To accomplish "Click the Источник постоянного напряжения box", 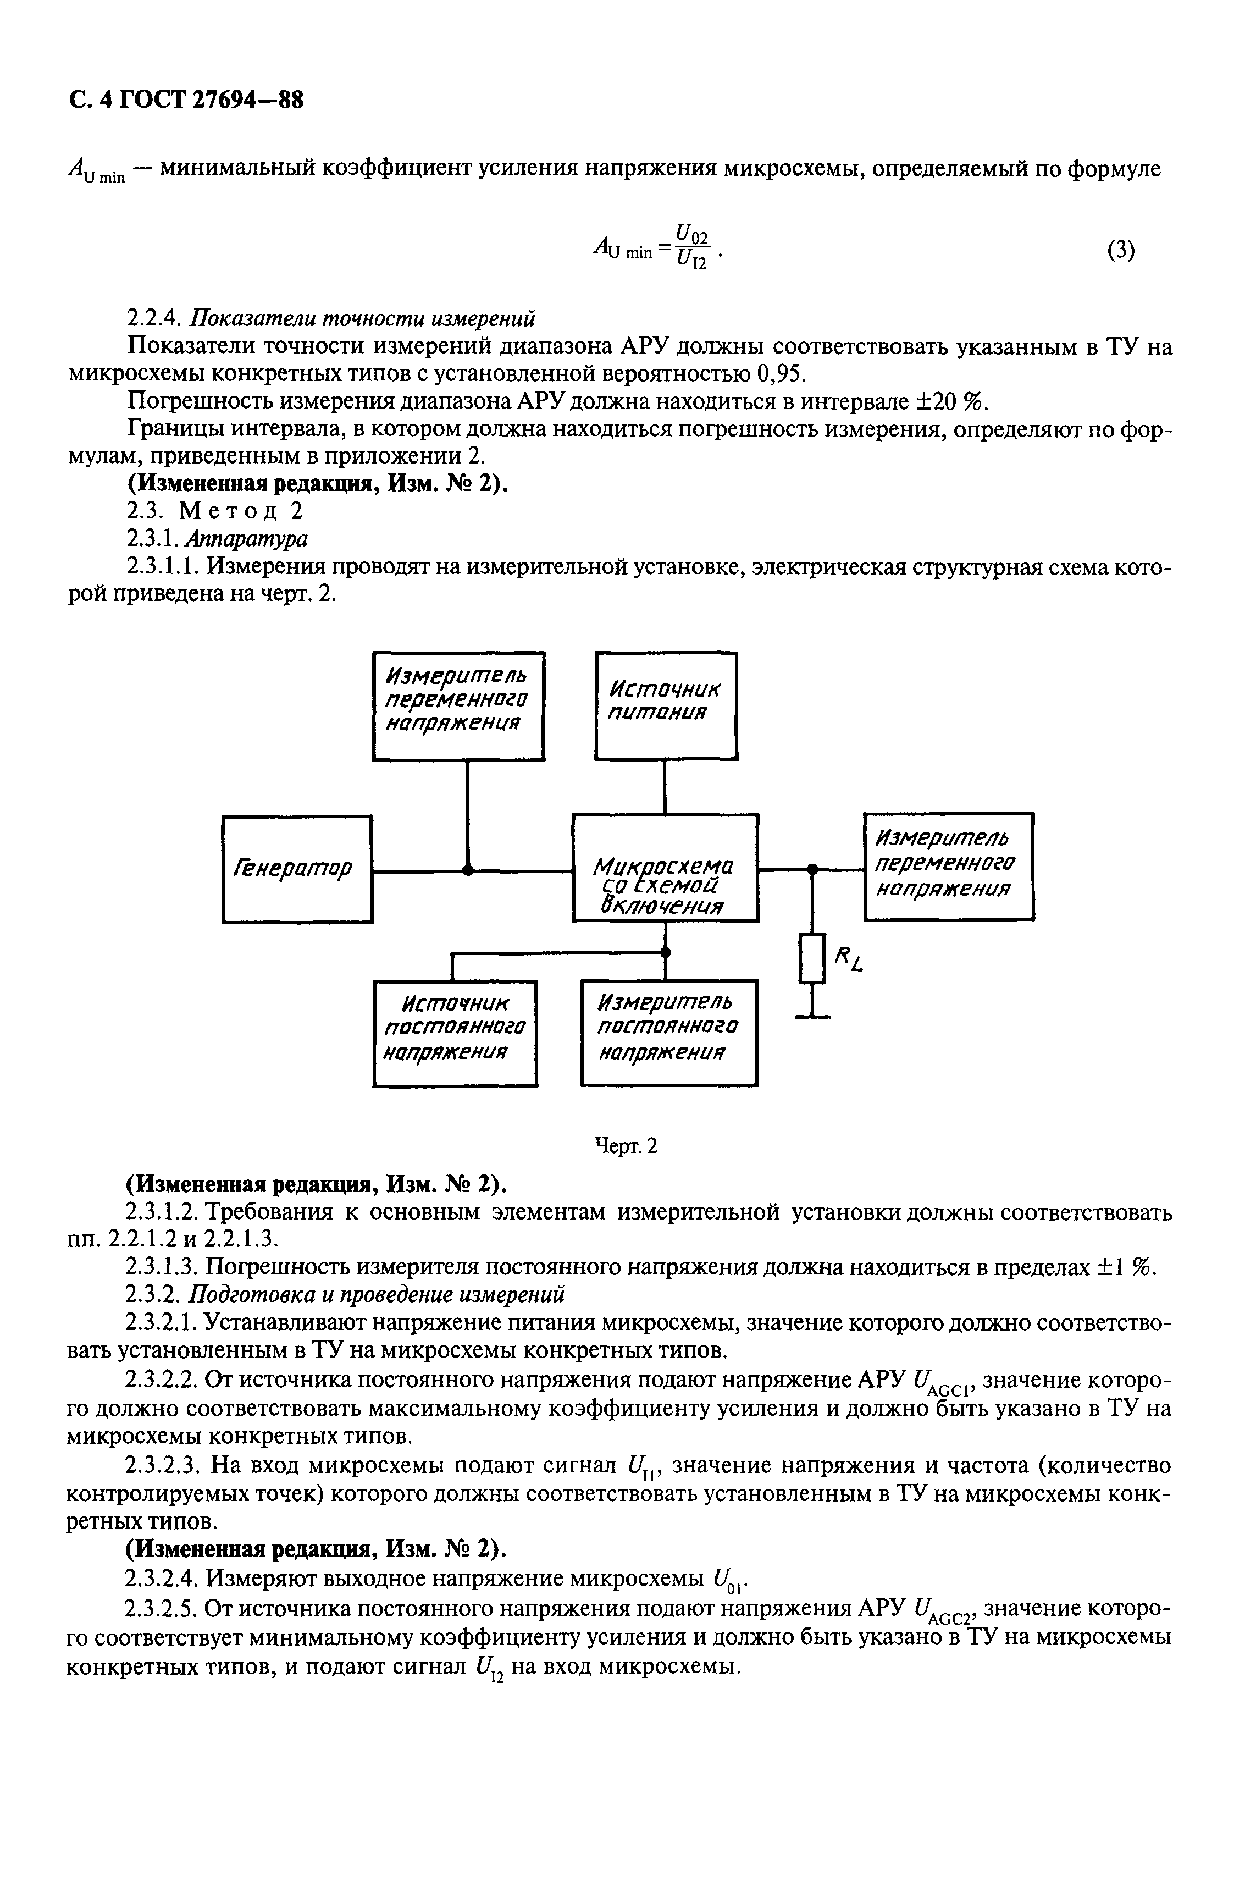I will [x=455, y=1033].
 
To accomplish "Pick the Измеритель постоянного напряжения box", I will [x=668, y=1033].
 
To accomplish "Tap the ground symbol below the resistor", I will [x=811, y=1014].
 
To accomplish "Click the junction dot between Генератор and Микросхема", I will [x=468, y=870].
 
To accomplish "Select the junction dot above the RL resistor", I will [x=811, y=870].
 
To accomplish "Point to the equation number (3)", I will [x=1120, y=251].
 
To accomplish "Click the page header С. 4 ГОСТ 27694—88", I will [x=186, y=101].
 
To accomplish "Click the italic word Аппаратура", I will [x=246, y=538].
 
